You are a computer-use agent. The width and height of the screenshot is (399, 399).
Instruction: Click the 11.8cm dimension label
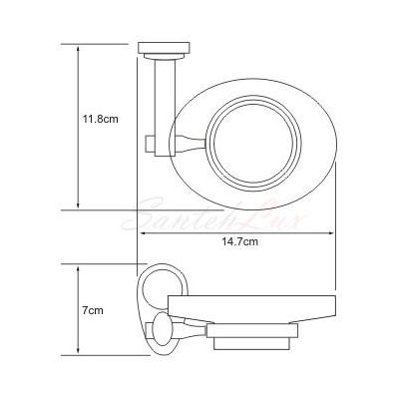(100, 119)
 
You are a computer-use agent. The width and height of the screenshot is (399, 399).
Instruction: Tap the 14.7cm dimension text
(240, 241)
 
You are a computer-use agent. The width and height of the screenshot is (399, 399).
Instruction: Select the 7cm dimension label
(93, 310)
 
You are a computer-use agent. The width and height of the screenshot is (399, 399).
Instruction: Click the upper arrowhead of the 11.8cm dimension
(78, 49)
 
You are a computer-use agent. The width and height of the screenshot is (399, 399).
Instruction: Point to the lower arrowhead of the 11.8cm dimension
(78, 203)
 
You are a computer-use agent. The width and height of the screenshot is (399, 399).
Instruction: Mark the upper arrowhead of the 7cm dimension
(78, 270)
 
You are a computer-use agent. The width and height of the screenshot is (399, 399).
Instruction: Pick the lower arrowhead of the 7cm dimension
(78, 349)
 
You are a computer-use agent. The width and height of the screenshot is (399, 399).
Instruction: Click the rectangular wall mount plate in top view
(164, 48)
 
